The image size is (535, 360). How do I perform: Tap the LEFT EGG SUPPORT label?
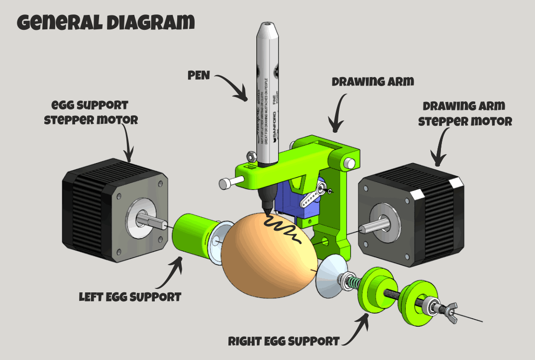pos(130,297)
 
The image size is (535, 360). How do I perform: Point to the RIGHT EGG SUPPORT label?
pos(284,342)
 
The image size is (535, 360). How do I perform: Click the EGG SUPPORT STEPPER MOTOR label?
pos(90,113)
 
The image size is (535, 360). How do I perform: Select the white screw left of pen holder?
pos(227,183)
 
